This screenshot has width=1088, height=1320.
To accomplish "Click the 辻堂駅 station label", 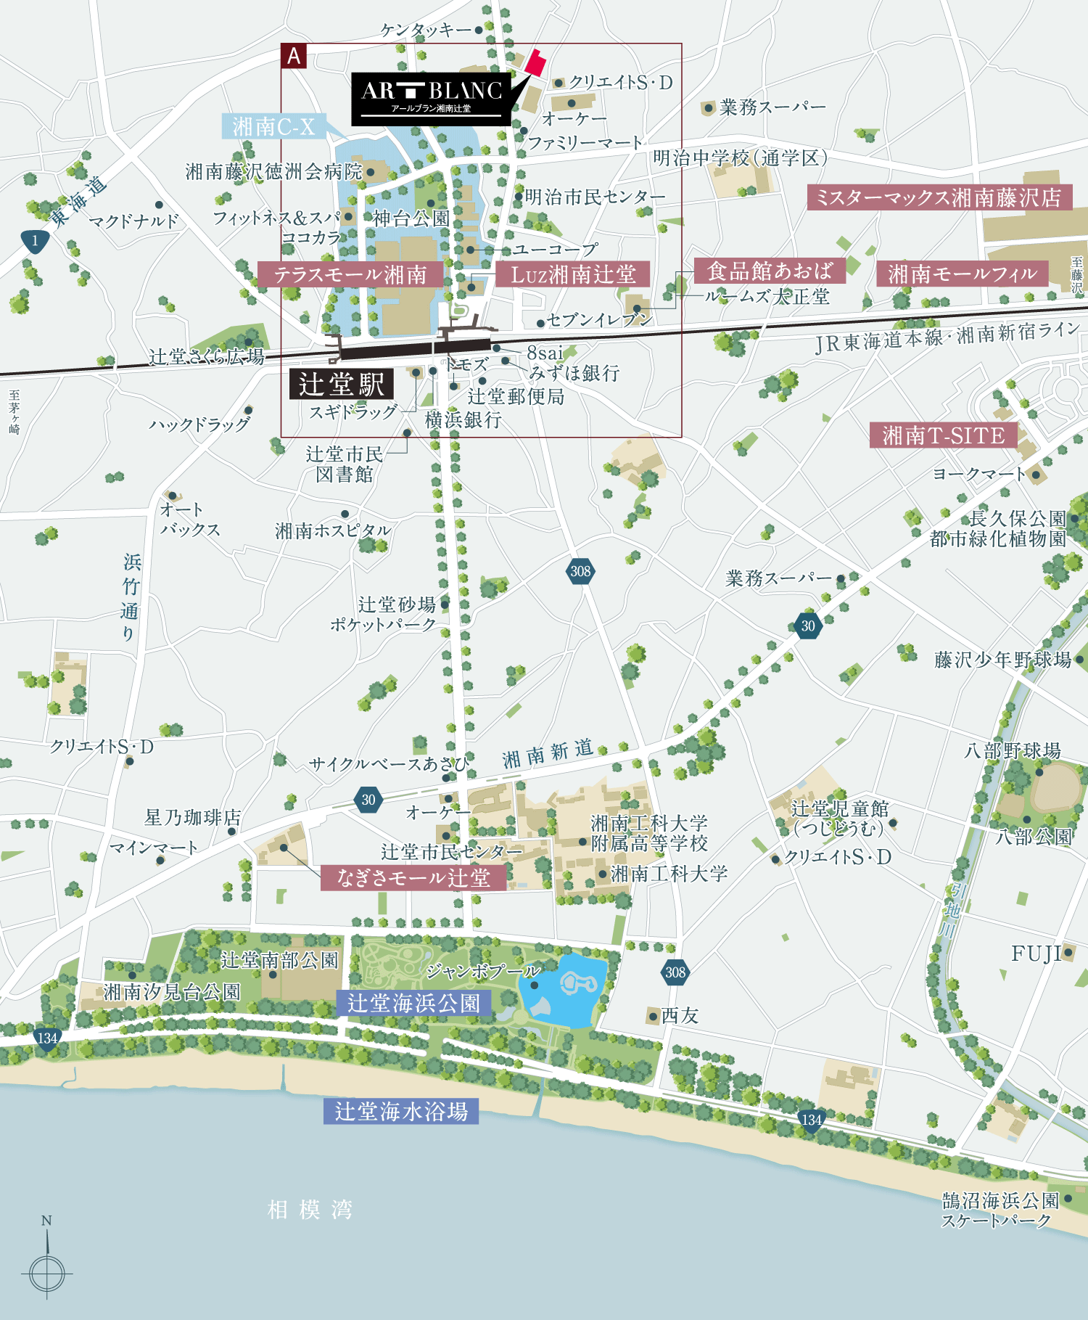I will tap(341, 384).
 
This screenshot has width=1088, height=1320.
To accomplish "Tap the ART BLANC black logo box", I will tap(431, 99).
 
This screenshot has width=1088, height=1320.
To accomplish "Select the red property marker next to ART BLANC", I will tap(536, 62).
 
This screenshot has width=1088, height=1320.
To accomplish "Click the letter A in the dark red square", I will tap(294, 56).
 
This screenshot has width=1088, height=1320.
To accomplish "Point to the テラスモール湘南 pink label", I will tap(350, 274).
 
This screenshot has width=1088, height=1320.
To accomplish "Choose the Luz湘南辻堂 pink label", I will tap(572, 274).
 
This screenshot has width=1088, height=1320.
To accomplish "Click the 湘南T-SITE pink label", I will tap(943, 435).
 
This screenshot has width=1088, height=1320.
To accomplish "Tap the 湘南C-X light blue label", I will tap(273, 126).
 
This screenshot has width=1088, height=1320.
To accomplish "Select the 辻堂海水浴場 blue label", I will tap(400, 1111).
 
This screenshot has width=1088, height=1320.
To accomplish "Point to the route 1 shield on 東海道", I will tap(34, 241).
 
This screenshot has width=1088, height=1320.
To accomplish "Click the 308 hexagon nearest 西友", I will tap(675, 972).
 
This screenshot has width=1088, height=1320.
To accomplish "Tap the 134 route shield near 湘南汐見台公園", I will tap(47, 1038).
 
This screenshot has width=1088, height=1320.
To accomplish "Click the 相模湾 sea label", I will tap(310, 1210).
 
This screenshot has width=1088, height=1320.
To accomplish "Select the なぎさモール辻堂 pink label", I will tap(413, 877).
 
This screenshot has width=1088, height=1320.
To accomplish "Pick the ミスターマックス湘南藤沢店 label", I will tap(939, 197).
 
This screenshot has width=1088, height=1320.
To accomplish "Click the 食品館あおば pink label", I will tap(770, 271).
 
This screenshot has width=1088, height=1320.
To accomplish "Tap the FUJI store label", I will tap(1036, 954).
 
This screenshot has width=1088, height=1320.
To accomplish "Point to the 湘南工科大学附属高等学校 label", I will tap(648, 833).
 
